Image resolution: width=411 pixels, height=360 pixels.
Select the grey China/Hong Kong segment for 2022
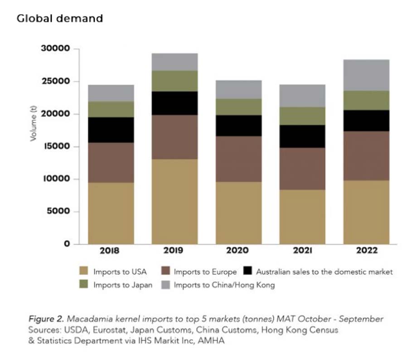[x=366, y=75]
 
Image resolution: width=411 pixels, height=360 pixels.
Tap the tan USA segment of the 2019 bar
[x=174, y=201]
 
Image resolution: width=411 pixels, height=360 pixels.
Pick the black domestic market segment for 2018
[x=111, y=130]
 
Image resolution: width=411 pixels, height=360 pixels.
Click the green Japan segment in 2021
[x=302, y=116]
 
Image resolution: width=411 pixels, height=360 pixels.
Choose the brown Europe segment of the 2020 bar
[x=238, y=159]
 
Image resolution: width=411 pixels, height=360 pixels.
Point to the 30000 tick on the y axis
[x=57, y=49]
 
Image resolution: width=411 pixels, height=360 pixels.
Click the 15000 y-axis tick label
[x=57, y=147]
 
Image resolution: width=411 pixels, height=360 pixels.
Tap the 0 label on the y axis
[x=67, y=244]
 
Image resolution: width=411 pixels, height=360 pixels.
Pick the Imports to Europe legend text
[x=205, y=272]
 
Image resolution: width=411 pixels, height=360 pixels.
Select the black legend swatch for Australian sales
[x=247, y=272]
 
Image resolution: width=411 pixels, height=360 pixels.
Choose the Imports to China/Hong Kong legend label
[x=224, y=285]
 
